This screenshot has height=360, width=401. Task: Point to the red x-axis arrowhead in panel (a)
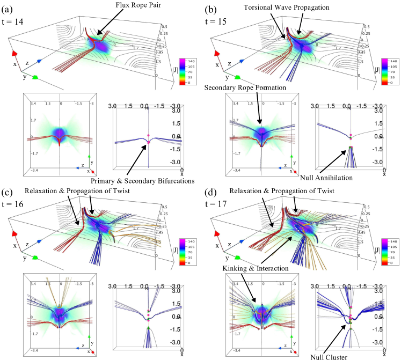[x=14, y=54]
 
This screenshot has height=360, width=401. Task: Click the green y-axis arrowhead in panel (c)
[x=35, y=256]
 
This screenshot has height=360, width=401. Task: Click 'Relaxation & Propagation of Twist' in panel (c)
[x=64, y=191]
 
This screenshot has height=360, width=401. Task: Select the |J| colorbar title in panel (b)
[x=378, y=70]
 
